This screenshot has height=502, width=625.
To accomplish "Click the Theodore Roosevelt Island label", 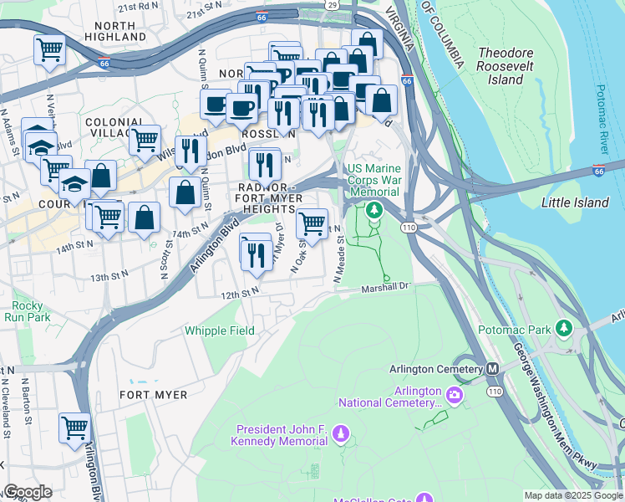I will click(506, 66).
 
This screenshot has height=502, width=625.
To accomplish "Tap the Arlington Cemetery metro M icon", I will click(492, 368).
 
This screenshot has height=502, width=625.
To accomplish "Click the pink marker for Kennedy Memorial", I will click(340, 433).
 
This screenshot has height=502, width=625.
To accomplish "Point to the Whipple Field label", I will click(220, 330).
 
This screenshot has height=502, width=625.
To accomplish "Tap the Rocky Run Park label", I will click(26, 311).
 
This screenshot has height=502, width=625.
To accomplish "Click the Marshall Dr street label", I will click(387, 288).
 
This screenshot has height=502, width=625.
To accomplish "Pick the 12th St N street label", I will click(240, 294).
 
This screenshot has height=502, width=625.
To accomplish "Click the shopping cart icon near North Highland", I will click(49, 50).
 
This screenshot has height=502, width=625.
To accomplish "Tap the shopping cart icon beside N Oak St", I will click(312, 223).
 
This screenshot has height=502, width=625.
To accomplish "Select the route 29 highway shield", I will click(332, 5).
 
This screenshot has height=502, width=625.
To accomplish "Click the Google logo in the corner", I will click(28, 492).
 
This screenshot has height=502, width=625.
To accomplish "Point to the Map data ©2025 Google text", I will click(572, 495).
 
